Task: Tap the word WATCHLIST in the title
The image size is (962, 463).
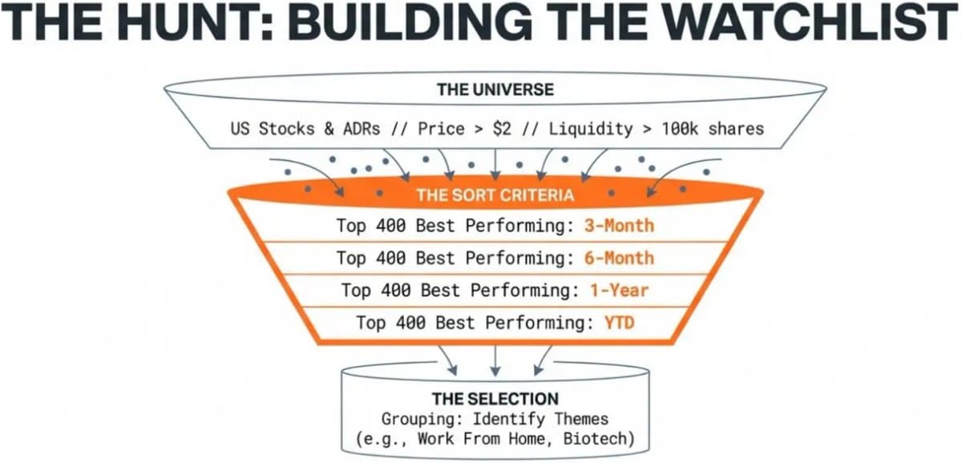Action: (810, 22)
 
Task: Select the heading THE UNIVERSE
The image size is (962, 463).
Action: (495, 90)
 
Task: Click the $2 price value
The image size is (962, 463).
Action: (502, 129)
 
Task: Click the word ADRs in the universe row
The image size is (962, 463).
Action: (362, 129)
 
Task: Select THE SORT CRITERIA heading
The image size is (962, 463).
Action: (495, 195)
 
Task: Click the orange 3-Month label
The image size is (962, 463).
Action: (619, 226)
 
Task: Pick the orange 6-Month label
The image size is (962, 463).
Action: (619, 258)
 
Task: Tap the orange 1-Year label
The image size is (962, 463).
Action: (619, 291)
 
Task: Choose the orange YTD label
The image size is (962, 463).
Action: (619, 323)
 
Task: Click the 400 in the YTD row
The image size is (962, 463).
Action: (410, 323)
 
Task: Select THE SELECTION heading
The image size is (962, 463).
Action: (495, 399)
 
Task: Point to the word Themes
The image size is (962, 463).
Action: (581, 419)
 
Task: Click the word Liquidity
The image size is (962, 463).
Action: (591, 129)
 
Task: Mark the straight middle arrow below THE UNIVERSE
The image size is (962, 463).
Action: (495, 165)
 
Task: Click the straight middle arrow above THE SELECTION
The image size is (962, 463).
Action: (495, 361)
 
